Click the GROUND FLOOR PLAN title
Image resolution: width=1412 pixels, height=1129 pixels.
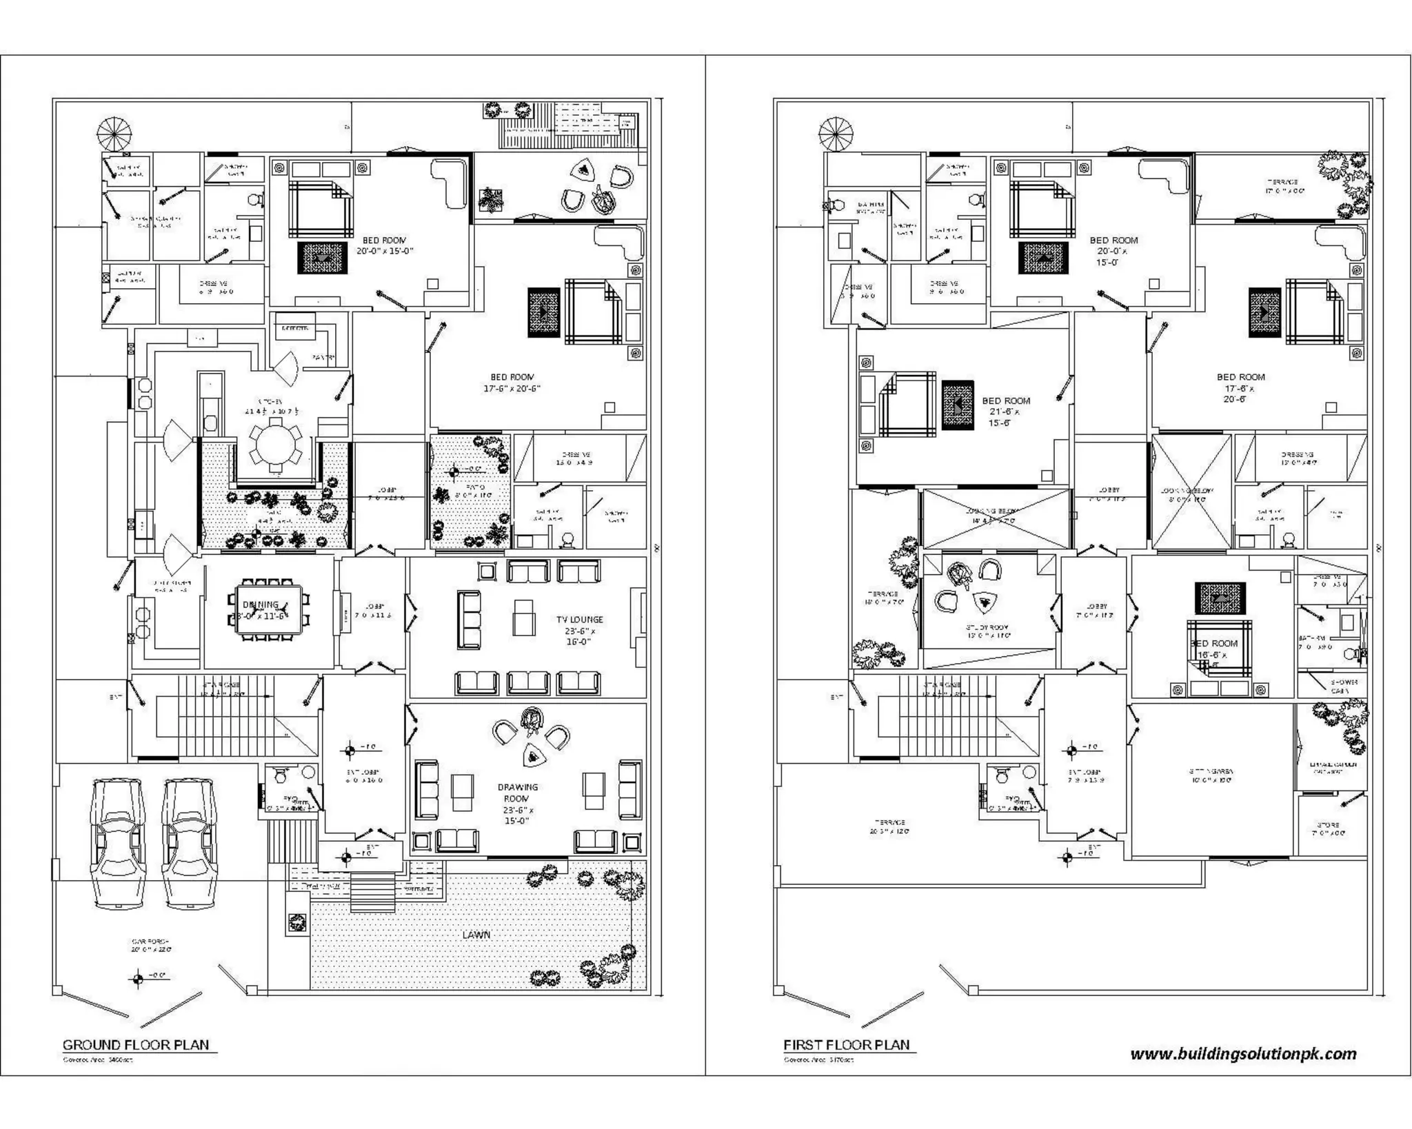coord(136,1044)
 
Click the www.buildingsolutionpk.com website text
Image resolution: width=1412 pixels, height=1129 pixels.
coord(1243,1054)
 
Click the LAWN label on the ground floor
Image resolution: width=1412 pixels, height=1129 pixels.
coord(476,935)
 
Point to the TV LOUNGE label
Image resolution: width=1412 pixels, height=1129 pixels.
coord(579,620)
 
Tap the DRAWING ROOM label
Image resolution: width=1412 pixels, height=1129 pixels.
coord(517,793)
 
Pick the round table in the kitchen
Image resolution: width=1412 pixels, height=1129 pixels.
coord(275,445)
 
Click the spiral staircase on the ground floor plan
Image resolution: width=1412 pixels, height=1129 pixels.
coord(113,134)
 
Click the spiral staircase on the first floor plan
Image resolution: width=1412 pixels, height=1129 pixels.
coord(836,134)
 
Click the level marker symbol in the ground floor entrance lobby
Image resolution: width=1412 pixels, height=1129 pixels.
coord(350,751)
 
